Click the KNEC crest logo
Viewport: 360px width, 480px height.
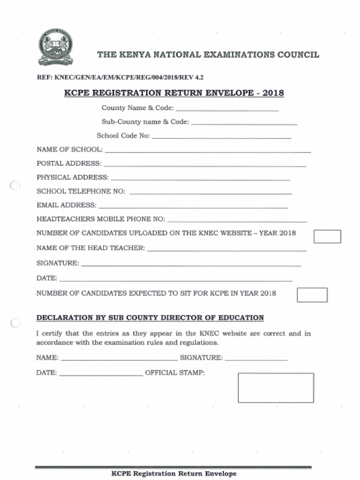click(x=55, y=47)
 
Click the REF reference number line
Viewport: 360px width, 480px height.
click(x=120, y=77)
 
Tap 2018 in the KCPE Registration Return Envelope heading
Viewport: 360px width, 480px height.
click(x=273, y=93)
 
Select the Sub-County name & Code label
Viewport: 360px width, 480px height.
click(x=145, y=122)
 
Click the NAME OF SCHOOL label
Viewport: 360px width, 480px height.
click(x=69, y=150)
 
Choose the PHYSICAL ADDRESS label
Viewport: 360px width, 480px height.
click(x=73, y=178)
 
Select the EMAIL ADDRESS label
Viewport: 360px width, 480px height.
click(x=67, y=205)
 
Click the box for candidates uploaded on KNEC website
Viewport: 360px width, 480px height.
click(x=327, y=237)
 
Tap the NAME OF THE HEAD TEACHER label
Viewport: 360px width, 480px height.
click(x=90, y=248)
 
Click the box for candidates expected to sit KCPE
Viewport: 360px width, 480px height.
click(x=312, y=295)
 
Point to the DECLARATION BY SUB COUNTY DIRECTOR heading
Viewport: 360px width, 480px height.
click(x=150, y=318)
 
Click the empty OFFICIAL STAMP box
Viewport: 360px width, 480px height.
click(x=276, y=388)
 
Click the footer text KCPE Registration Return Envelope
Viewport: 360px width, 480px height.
click(x=174, y=474)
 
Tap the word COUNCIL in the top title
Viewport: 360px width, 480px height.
click(x=298, y=54)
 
